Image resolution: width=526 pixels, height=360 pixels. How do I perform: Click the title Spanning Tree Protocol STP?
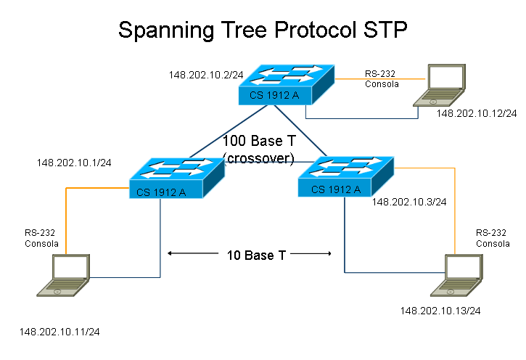point(263,30)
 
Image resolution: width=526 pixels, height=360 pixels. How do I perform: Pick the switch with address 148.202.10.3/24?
point(345,176)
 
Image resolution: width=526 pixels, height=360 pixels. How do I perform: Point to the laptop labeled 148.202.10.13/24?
point(456,277)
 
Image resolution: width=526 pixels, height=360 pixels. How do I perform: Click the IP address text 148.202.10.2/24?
point(205,74)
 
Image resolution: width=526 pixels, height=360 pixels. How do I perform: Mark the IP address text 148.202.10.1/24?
point(74,163)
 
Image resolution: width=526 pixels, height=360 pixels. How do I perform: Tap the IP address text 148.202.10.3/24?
point(408,202)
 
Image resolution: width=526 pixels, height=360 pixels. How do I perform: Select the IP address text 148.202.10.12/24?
point(476,113)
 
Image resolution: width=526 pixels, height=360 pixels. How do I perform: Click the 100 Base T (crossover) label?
point(258,149)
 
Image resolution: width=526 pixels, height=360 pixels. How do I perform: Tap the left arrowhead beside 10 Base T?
point(170,254)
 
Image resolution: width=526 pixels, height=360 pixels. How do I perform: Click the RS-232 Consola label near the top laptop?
point(382,79)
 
